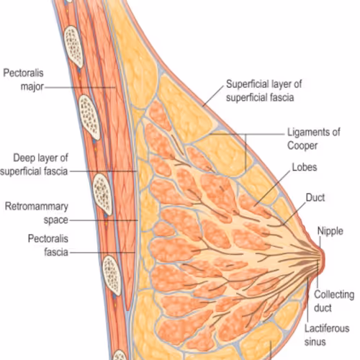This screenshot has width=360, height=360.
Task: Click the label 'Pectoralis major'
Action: (x=23, y=80)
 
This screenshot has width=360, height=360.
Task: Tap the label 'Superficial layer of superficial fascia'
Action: (x=264, y=91)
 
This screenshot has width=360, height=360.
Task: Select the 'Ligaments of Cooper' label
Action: (x=314, y=139)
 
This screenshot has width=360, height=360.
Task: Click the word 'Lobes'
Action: (x=305, y=167)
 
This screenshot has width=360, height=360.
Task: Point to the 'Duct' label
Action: (x=315, y=197)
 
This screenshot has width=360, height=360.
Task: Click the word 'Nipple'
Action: (x=330, y=231)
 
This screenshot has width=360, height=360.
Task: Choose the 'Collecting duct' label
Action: (x=334, y=301)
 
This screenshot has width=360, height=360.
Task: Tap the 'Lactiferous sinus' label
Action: (x=327, y=335)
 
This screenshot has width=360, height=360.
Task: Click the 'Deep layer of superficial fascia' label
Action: (x=34, y=165)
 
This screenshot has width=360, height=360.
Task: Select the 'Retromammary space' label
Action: (x=37, y=213)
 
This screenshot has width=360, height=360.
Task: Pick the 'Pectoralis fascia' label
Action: (x=48, y=246)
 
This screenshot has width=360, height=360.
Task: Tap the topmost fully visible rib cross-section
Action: (x=74, y=47)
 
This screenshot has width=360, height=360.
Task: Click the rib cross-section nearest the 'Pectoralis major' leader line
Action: (x=89, y=117)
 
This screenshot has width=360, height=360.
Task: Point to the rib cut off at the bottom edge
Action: (x=120, y=355)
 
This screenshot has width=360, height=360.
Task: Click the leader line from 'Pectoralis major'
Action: (x=80, y=87)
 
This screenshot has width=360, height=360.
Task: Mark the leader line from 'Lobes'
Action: (x=272, y=188)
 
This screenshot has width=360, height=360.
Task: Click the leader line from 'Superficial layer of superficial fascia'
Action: (x=213, y=96)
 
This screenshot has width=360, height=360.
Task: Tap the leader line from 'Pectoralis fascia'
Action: (x=102, y=253)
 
